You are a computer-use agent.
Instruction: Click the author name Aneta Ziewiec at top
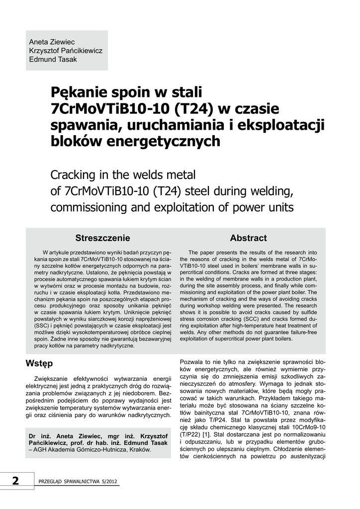pos(52,42)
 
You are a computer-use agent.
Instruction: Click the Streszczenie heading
pos(102,238)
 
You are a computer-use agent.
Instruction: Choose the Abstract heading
pos(249,238)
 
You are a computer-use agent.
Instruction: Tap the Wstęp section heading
pos(39,363)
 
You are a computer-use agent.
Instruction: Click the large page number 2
pos(15,481)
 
